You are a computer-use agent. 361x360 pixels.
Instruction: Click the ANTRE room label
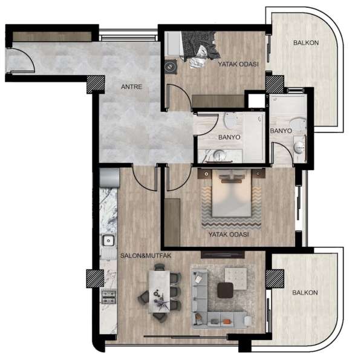[x=131, y=87]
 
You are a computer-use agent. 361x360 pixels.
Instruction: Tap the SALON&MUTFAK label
[x=146, y=255]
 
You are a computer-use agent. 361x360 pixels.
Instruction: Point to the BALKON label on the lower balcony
[x=305, y=292]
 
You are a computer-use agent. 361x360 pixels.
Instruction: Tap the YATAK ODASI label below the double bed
[x=229, y=235]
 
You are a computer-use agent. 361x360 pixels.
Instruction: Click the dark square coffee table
[x=227, y=290]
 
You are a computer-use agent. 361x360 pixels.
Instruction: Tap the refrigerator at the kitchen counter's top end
[x=109, y=178]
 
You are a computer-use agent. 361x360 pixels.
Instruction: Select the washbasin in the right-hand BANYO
[x=299, y=147]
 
